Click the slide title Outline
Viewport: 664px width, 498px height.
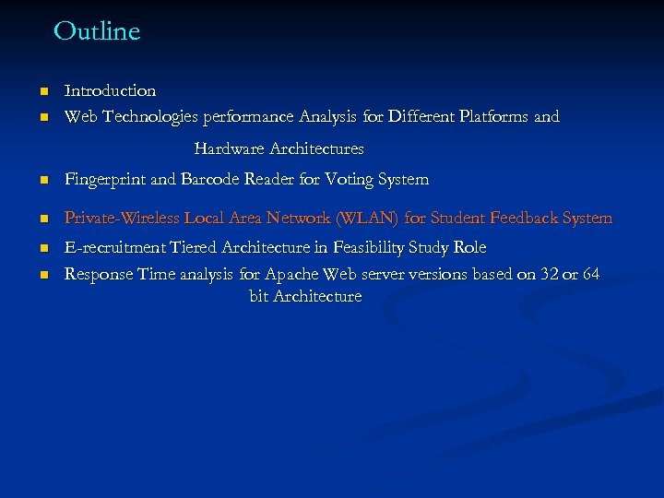[97, 31]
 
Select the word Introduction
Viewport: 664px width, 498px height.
[110, 90]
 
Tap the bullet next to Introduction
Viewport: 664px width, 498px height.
[42, 91]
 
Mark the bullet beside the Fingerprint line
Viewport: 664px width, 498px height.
[42, 180]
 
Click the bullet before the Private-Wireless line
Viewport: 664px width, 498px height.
[42, 219]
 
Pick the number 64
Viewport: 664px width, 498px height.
[591, 274]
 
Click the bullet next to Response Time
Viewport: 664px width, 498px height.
[42, 275]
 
